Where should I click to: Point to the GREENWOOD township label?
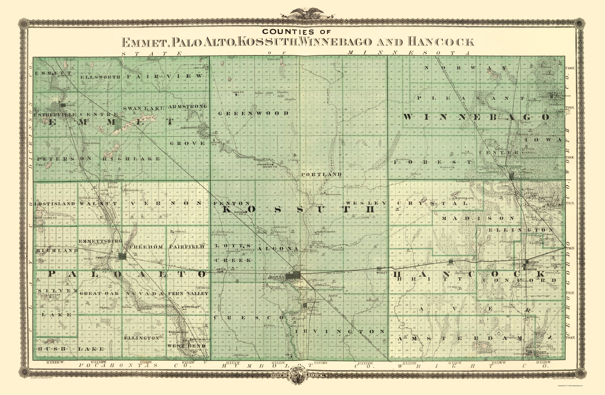pyautogui.click(x=253, y=113)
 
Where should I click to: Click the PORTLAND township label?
pyautogui.click(x=321, y=174)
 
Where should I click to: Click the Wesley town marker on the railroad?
pyautogui.click(x=379, y=269)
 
